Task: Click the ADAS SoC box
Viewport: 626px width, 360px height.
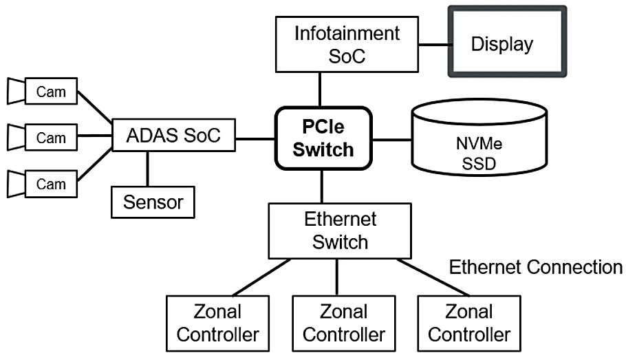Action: (173, 136)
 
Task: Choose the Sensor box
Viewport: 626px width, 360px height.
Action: (153, 201)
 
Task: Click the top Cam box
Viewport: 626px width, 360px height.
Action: (51, 92)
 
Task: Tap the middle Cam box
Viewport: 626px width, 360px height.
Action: (51, 138)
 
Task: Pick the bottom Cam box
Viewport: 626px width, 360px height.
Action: (51, 184)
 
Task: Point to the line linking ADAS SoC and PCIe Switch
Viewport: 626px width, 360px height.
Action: (255, 139)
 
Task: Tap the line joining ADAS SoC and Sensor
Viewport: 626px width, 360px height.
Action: (148, 169)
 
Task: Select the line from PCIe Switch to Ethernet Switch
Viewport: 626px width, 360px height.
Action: (321, 186)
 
